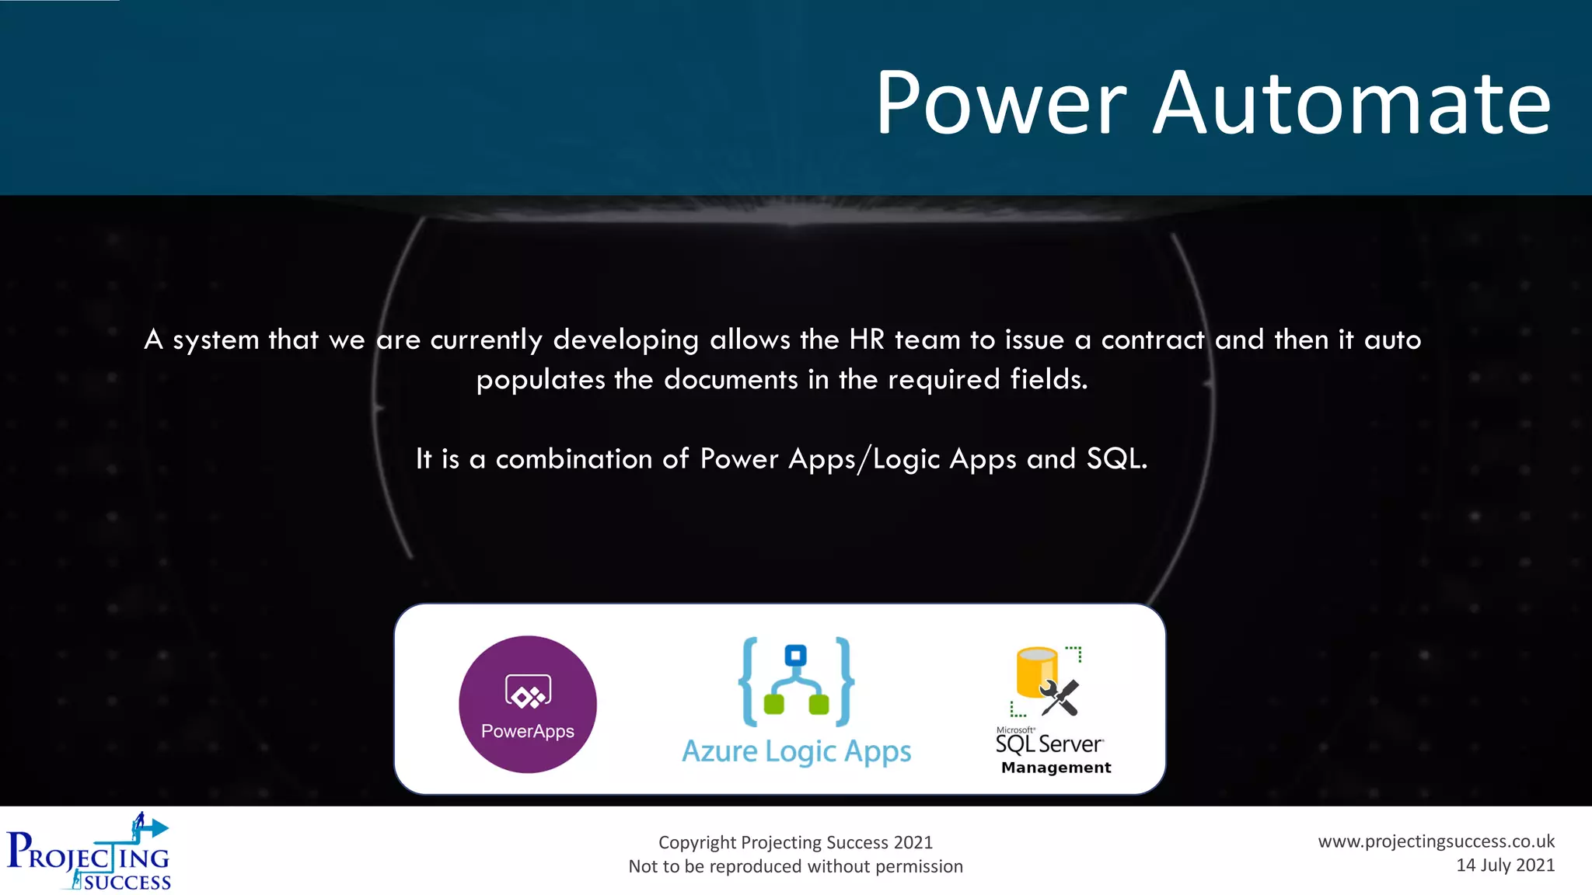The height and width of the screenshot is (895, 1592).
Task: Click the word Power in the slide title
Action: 1000,103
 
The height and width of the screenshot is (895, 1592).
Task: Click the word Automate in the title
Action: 1351,103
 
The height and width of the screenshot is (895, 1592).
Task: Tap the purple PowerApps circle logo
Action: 528,704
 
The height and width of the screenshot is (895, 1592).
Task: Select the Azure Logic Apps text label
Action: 796,751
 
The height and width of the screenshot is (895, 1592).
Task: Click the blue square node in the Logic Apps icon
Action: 795,656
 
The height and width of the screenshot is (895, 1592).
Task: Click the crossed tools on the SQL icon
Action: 1060,697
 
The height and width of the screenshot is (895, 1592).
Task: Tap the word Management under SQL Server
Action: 1056,768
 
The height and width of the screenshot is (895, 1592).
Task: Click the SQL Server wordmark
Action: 1049,744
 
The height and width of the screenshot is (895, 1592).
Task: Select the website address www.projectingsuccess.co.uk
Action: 1436,841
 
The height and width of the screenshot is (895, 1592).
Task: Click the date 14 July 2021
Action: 1505,865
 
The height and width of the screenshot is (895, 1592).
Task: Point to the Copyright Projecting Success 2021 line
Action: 795,842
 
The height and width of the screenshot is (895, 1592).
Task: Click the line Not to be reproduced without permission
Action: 795,866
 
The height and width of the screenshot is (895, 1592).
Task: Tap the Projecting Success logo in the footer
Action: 89,852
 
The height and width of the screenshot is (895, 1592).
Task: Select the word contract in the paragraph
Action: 1153,340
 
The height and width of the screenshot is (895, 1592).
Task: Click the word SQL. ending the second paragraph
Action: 1116,458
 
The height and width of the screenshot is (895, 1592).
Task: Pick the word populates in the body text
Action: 540,380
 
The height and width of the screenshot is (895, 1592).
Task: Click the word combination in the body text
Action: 574,458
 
